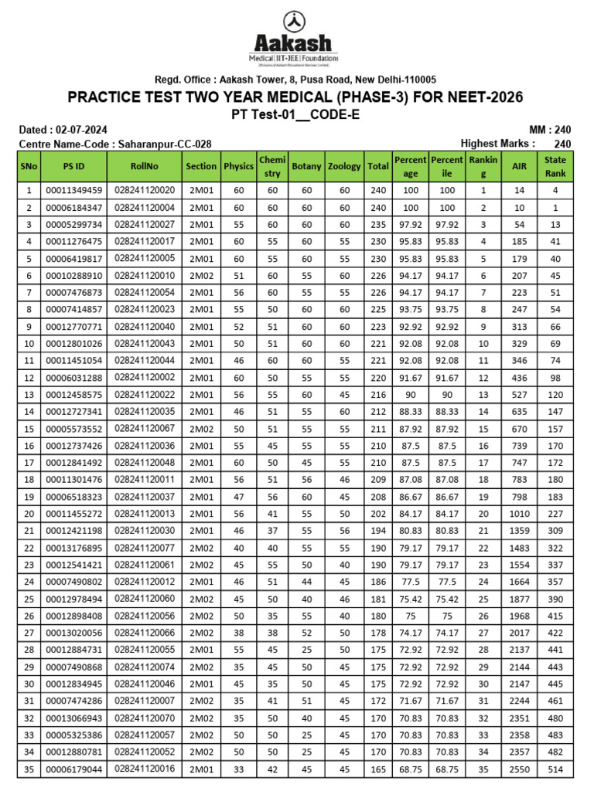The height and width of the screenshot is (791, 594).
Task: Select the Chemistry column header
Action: pos(272,166)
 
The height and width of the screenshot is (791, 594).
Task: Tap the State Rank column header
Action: pos(555,166)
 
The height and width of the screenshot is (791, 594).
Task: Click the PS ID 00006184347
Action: pos(73,208)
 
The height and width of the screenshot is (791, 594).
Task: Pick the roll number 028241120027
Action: pos(145,225)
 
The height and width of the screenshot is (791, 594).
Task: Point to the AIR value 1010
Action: pos(518,514)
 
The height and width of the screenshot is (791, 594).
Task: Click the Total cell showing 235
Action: pos(377,225)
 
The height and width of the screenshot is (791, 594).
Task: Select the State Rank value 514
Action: pos(555,770)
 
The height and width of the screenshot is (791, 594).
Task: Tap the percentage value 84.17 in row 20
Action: pos(410,514)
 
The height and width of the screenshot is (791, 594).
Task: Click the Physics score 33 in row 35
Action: pos(238,770)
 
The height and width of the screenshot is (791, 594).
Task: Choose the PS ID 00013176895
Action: pos(73,548)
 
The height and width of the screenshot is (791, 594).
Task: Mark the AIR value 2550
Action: pos(518,770)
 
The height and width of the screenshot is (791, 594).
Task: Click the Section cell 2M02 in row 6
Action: pos(201,276)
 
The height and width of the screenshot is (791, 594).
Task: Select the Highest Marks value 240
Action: pos(562,144)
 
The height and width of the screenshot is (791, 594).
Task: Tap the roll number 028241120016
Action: pos(145,770)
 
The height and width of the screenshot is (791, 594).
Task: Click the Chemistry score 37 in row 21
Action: pos(272,531)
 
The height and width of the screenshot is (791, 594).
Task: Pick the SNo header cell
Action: pos(29,166)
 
